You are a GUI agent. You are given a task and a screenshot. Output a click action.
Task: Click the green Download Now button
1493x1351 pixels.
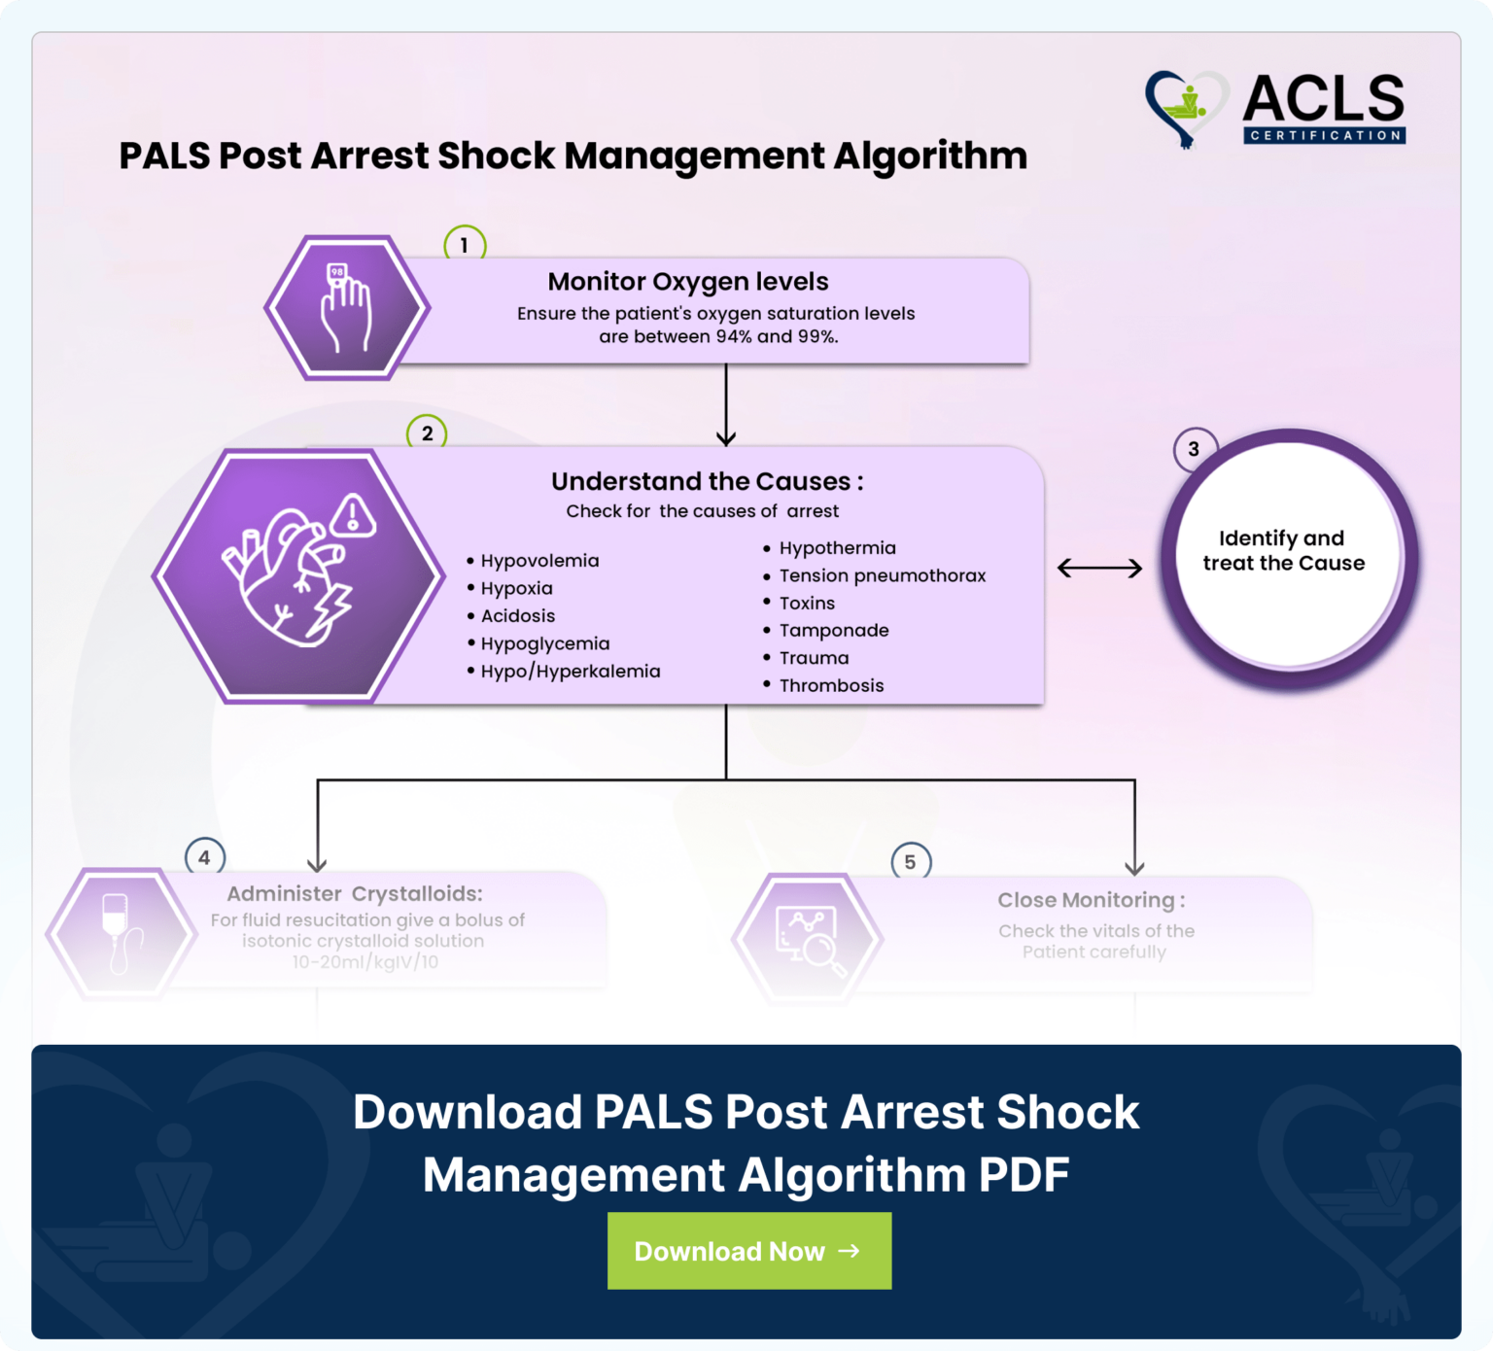[748, 1251]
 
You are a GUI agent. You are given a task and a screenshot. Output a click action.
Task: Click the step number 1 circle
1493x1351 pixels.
[465, 245]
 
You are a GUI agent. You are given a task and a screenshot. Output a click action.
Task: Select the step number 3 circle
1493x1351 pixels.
[1194, 449]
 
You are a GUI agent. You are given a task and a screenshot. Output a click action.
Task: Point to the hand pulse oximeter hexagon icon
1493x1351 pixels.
[347, 307]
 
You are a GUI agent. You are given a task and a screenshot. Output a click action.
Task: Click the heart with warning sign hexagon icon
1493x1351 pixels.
[299, 575]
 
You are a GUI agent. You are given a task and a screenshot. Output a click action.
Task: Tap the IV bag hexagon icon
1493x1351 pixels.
[121, 933]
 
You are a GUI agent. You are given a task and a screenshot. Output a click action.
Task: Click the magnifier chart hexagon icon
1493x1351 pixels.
[808, 938]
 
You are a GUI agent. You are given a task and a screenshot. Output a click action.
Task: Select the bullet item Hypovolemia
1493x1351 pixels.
[539, 561]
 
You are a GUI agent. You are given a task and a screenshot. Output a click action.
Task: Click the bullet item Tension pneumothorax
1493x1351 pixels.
[882, 575]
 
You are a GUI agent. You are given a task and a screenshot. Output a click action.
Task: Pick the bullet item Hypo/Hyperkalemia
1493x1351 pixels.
[570, 671]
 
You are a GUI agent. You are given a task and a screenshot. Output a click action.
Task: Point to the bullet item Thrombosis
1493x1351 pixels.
[831, 685]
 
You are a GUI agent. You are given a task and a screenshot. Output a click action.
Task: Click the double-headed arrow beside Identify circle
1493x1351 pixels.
[1099, 568]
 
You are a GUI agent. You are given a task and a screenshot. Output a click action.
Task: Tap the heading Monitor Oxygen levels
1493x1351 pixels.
[688, 282]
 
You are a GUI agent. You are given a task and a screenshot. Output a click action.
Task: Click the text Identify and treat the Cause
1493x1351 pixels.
[1283, 550]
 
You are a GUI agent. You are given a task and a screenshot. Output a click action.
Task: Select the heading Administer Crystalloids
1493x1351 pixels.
[354, 893]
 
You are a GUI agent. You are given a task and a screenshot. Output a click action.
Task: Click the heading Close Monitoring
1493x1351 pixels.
[1091, 900]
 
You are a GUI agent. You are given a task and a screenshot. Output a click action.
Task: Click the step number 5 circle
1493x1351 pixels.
[910, 862]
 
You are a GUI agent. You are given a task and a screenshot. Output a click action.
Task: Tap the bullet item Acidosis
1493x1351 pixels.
[517, 615]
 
